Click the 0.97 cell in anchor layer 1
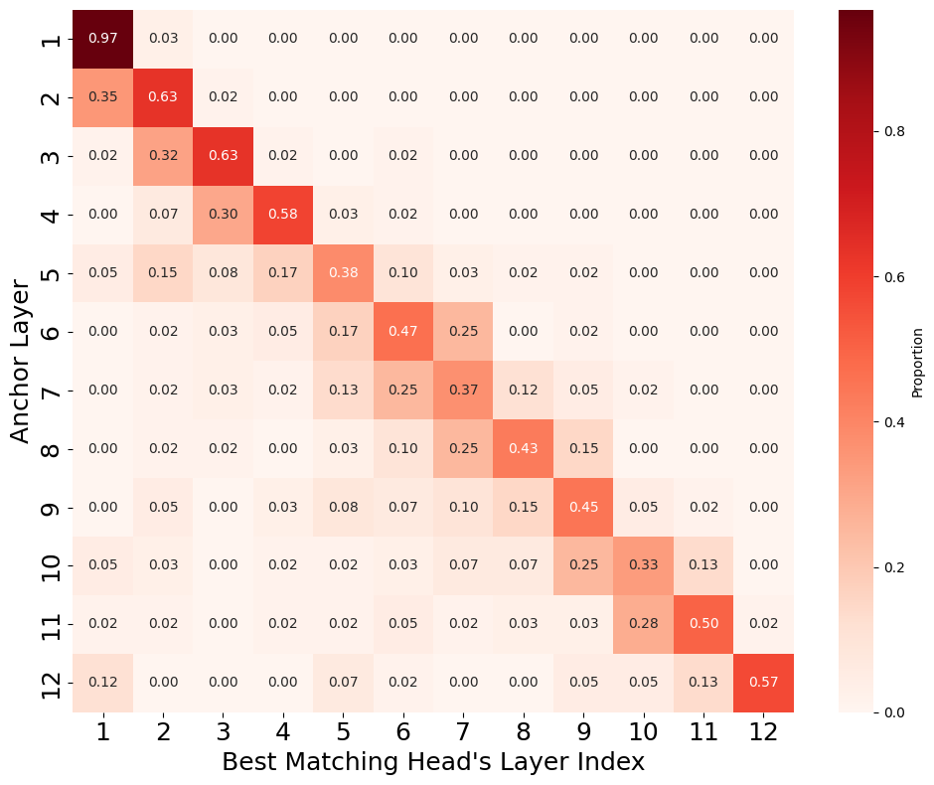[x=102, y=39]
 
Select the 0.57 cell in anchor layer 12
[x=764, y=683]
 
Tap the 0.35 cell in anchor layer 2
[x=102, y=97]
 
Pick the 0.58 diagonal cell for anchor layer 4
[x=283, y=215]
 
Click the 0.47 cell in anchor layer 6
[x=403, y=332]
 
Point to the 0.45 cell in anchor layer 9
[x=583, y=508]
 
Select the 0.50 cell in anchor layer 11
[x=703, y=624]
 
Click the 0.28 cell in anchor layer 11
[x=643, y=624]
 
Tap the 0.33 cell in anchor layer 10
[x=643, y=565]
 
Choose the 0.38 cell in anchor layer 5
[x=343, y=273]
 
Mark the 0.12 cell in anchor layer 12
[x=102, y=683]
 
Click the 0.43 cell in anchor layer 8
[x=523, y=449]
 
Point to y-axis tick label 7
[x=52, y=391]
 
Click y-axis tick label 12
[x=52, y=683]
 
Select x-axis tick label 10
[x=643, y=731]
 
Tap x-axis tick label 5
[x=343, y=731]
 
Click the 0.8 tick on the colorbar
[x=894, y=131]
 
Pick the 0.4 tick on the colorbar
[x=894, y=422]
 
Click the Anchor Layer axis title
[x=20, y=362]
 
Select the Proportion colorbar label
[x=917, y=362]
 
